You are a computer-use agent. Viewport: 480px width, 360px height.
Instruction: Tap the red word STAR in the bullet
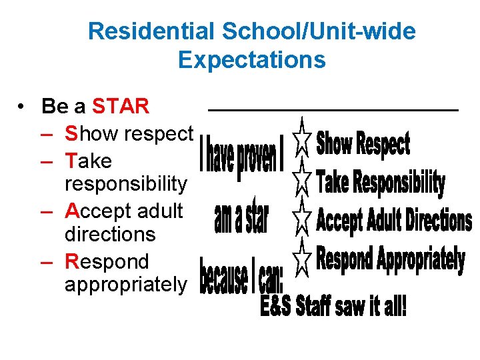point(121,106)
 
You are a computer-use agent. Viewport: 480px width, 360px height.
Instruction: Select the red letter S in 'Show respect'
point(71,133)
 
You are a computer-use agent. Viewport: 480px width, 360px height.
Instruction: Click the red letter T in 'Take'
point(71,161)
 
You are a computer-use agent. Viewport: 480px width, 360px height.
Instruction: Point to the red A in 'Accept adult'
point(72,211)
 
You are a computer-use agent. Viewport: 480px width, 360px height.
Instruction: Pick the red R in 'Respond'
point(72,261)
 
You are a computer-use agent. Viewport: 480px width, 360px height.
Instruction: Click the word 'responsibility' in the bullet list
point(126,183)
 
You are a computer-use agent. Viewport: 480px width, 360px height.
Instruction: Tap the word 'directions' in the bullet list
point(110,234)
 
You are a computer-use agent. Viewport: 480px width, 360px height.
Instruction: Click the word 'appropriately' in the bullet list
point(126,285)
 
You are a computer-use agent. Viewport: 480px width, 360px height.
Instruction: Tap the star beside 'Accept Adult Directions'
point(302,217)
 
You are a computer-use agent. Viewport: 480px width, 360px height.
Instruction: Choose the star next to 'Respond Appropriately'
point(302,259)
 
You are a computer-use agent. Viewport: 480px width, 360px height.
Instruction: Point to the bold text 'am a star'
point(241,218)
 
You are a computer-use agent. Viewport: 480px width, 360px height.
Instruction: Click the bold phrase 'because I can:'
point(241,276)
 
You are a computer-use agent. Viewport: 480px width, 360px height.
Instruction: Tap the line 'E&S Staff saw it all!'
point(333,307)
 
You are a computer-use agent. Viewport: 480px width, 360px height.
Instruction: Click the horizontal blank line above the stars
point(333,109)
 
